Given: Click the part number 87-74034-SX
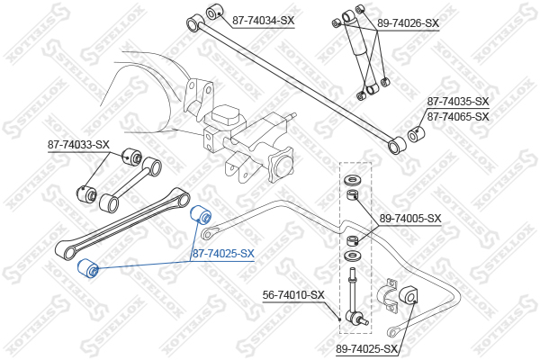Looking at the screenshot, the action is [x=264, y=21].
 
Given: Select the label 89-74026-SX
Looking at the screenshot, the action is [x=408, y=23].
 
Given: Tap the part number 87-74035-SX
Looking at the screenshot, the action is [x=458, y=102].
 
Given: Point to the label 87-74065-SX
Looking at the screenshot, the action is [x=458, y=117].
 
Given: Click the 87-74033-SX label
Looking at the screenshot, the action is [x=78, y=145].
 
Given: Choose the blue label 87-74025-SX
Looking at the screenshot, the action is [x=223, y=254].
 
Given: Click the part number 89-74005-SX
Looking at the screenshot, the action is [x=410, y=219].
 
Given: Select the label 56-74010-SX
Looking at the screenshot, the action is [x=293, y=295].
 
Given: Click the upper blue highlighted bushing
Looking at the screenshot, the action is [x=201, y=214].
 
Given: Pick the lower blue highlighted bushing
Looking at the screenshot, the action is [x=88, y=268].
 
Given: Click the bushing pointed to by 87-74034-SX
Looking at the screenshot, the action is [x=214, y=12].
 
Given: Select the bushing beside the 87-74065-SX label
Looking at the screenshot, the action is [x=416, y=134].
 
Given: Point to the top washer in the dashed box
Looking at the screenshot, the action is [x=351, y=180].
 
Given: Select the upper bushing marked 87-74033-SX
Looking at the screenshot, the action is [x=132, y=157].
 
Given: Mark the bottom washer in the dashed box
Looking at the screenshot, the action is [x=351, y=256].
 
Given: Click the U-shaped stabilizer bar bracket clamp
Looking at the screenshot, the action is [x=387, y=295].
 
